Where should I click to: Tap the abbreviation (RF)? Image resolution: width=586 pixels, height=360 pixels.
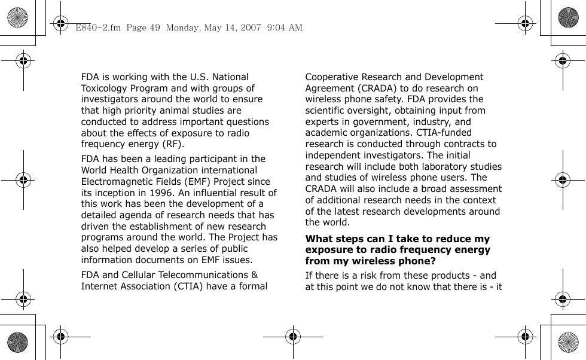[171, 145]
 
